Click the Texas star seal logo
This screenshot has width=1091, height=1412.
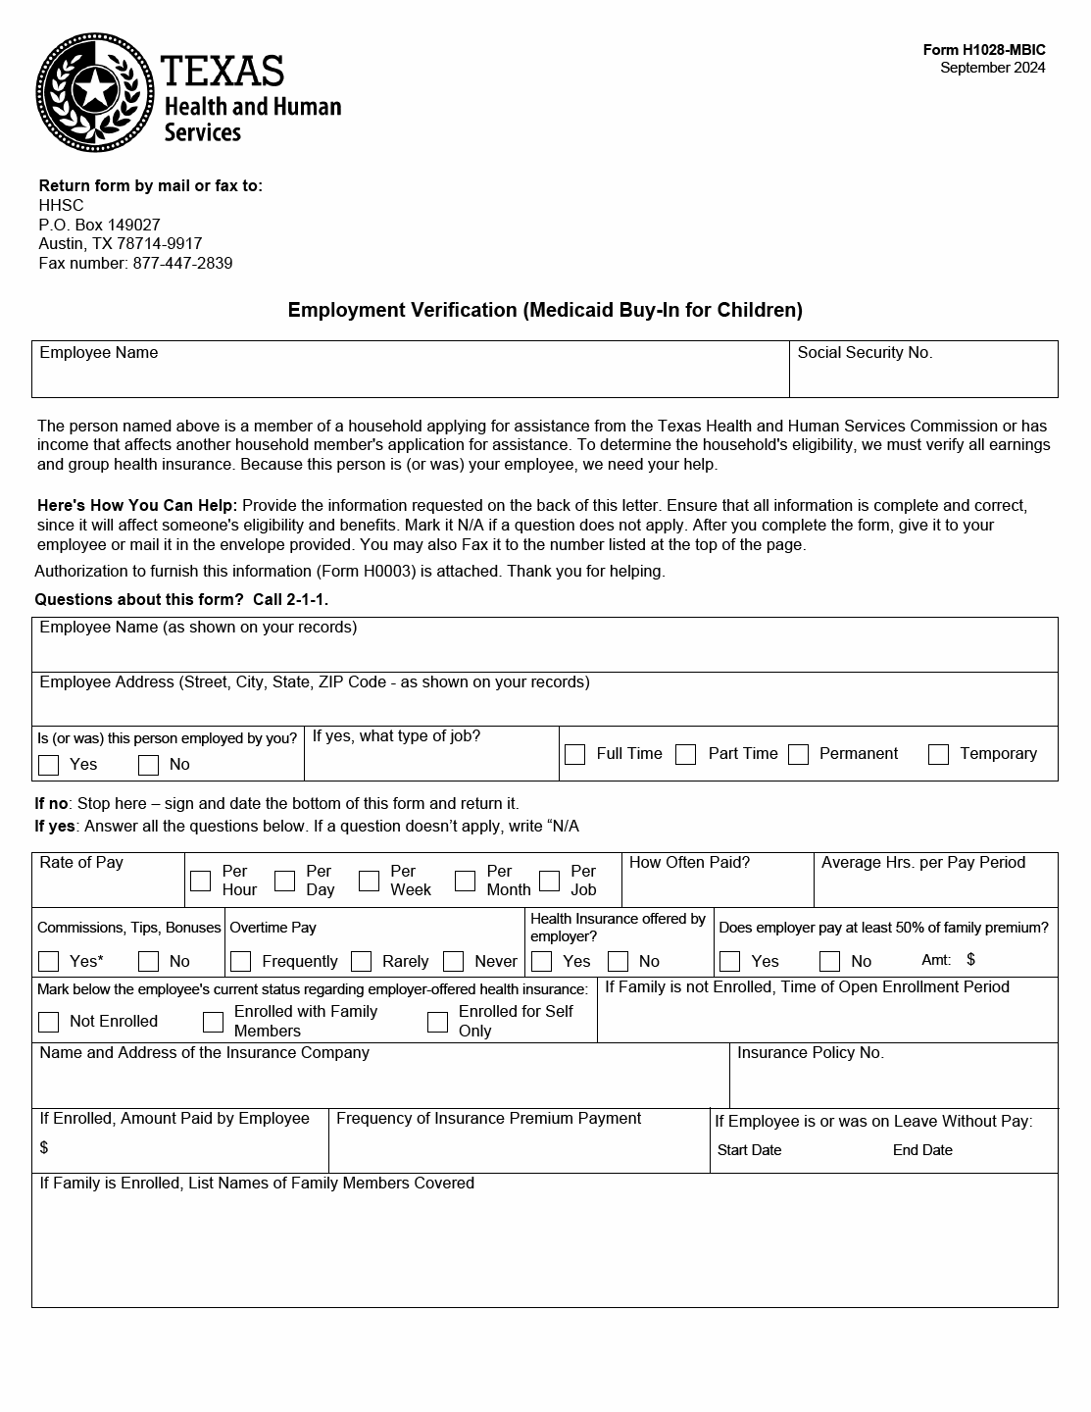(x=95, y=92)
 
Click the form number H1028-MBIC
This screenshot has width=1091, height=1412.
(x=983, y=50)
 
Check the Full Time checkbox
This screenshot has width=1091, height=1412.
(x=575, y=754)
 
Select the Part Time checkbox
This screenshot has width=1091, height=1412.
(x=686, y=754)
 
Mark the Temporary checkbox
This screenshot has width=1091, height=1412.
(x=938, y=754)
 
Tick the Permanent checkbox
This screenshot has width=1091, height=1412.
(x=799, y=754)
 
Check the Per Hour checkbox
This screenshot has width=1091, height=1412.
(x=200, y=881)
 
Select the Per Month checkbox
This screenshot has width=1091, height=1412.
(x=466, y=881)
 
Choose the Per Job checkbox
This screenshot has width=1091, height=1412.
(x=550, y=881)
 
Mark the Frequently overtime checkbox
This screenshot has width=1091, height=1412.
(x=241, y=961)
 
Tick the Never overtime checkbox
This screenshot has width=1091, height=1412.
(x=453, y=961)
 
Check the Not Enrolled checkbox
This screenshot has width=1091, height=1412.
(x=48, y=1022)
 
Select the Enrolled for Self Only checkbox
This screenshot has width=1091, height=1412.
(x=437, y=1022)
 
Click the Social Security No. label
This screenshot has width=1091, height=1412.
(x=865, y=353)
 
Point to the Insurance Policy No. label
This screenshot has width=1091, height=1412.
(x=810, y=1053)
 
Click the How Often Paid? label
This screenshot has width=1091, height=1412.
(x=689, y=863)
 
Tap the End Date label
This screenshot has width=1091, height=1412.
(x=922, y=1150)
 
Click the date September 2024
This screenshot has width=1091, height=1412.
(x=992, y=68)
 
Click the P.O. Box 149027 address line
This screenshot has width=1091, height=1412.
(x=99, y=225)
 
